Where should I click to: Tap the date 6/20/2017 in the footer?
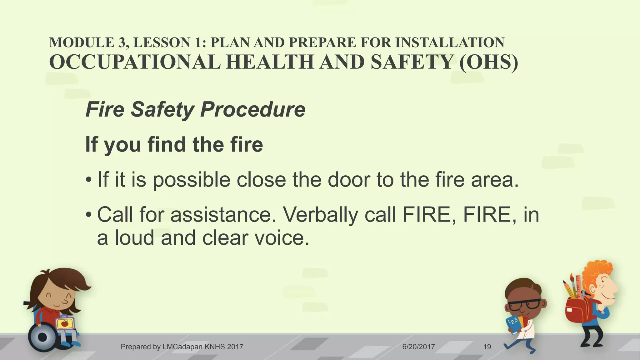(418, 347)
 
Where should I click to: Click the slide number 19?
(487, 347)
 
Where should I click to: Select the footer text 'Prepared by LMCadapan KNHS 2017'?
(182, 347)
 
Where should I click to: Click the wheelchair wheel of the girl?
(43, 337)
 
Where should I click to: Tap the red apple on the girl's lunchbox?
(65, 323)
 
